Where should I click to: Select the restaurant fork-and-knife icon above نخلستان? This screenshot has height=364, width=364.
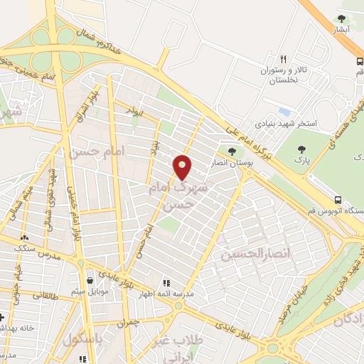[283, 59]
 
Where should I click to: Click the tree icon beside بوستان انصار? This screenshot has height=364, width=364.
[231, 151]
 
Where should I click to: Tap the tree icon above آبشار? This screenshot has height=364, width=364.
[342, 18]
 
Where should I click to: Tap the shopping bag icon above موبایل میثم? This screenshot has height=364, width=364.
[89, 279]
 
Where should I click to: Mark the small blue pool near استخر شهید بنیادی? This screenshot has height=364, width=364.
[285, 112]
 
